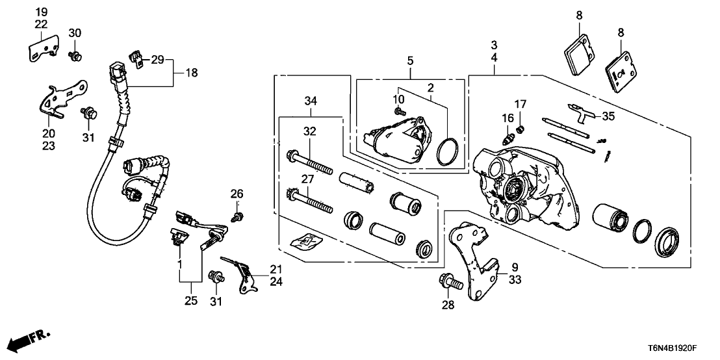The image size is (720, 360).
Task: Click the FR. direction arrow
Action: (x=31, y=339)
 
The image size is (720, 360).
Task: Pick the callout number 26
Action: (x=237, y=193)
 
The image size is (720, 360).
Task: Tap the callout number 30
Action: (x=75, y=33)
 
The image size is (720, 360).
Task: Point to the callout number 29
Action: (x=158, y=60)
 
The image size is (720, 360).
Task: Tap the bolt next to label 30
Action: (x=75, y=55)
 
